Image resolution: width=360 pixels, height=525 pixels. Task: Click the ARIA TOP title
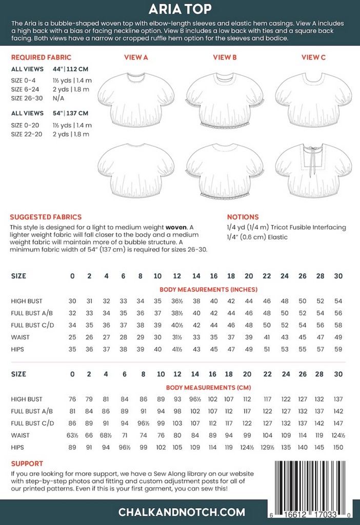tap(180, 9)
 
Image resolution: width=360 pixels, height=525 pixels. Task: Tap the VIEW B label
tap(225, 57)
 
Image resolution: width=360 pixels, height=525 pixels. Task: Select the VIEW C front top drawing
tap(313, 99)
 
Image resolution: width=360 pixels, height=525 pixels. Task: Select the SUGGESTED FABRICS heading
tap(46, 217)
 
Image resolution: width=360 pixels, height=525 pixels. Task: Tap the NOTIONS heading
tap(243, 217)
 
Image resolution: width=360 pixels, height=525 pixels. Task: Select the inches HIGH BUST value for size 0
tap(72, 301)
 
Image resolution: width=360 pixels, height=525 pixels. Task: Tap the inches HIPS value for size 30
tap(338, 349)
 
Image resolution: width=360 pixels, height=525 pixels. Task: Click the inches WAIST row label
tap(21, 337)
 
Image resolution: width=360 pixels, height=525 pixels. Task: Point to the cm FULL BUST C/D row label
tap(33, 423)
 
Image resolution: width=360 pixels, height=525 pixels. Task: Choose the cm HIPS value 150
tap(338, 447)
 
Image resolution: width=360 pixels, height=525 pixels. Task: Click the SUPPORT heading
tap(27, 463)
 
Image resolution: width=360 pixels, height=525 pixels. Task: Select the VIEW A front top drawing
tap(136, 99)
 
